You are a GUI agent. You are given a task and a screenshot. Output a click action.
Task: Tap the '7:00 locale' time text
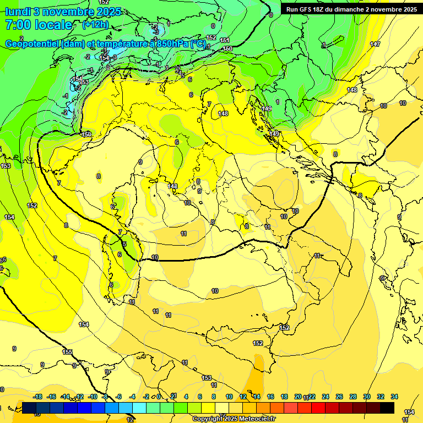pos(39,25)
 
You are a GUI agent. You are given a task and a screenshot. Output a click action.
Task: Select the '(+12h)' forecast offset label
pos(95,24)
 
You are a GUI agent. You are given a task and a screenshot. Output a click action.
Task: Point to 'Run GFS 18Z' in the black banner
pos(306,9)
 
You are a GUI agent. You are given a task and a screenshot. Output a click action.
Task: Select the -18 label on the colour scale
pos(38,397)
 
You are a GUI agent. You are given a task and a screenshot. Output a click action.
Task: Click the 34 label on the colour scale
pos(394,397)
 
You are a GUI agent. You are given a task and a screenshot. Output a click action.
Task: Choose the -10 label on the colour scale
pos(93,397)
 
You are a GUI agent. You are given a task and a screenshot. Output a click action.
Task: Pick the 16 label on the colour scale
pos(270,397)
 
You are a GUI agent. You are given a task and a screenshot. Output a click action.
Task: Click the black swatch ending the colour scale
pos(387,408)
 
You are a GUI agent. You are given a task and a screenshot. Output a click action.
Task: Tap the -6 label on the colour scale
pos(119,397)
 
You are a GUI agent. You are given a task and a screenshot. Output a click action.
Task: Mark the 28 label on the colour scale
pos(353,397)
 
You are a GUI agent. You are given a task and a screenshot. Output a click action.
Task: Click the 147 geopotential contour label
pos(375,44)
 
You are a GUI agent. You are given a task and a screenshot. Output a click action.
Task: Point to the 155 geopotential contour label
pos(67,352)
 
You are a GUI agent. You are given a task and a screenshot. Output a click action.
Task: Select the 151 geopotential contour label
pos(225,40)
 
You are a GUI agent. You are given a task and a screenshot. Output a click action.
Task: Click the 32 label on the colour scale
pos(381,397)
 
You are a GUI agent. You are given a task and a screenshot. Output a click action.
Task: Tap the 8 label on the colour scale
pos(214,397)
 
